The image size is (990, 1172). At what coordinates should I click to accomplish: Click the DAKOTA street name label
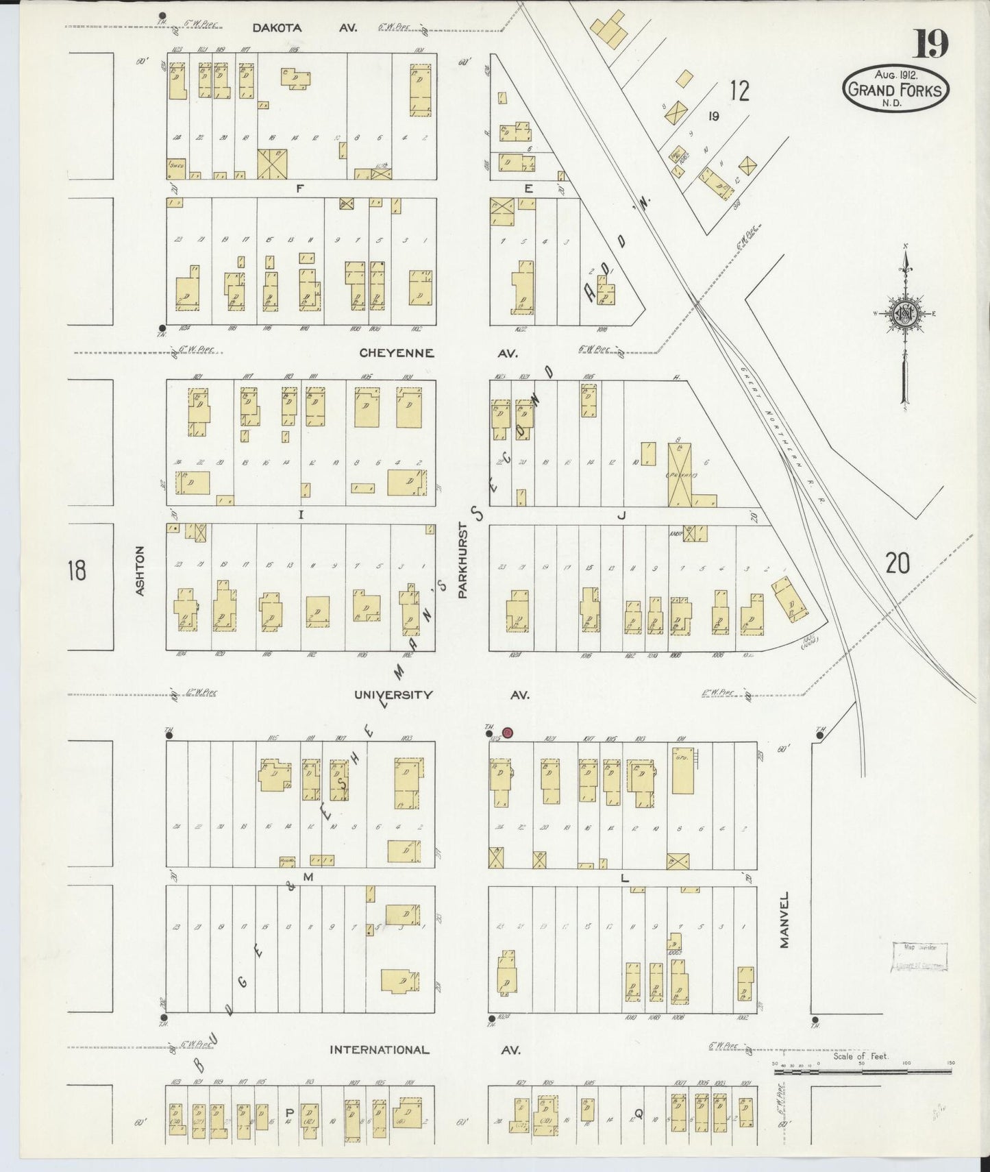(277, 28)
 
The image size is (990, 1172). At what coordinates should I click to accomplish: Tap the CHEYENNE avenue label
(397, 353)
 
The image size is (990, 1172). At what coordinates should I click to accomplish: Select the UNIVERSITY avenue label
(393, 694)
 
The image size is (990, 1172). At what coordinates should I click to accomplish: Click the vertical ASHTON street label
(140, 570)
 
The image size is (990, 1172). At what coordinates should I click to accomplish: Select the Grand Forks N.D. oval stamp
(896, 89)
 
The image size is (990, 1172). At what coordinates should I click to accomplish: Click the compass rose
(905, 315)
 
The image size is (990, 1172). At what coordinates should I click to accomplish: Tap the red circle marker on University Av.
(507, 733)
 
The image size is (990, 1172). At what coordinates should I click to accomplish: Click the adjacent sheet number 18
(77, 570)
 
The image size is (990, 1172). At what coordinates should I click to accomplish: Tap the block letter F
(299, 189)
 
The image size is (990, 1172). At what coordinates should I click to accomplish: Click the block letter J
(621, 516)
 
